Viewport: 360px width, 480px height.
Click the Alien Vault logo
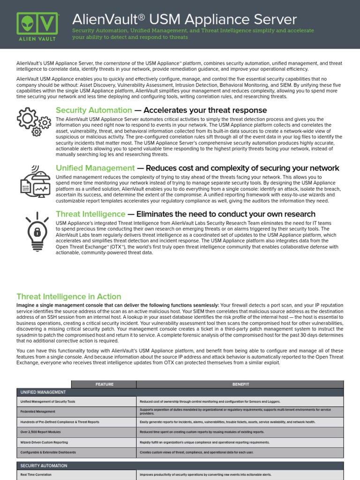[x=37, y=26]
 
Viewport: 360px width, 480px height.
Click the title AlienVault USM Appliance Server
[x=184, y=20]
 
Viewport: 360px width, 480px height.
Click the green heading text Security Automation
[x=94, y=110]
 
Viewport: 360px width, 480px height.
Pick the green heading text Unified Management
[x=95, y=168]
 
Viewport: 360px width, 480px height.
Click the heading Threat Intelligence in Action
[x=68, y=297]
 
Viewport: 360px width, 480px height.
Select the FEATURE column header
[x=104, y=384]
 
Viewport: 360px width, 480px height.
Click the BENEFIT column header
[x=240, y=384]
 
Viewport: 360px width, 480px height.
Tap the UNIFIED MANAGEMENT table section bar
[x=180, y=392]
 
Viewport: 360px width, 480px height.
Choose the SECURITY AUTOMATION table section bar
[x=180, y=465]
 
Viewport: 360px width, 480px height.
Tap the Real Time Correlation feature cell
[x=38, y=475]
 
